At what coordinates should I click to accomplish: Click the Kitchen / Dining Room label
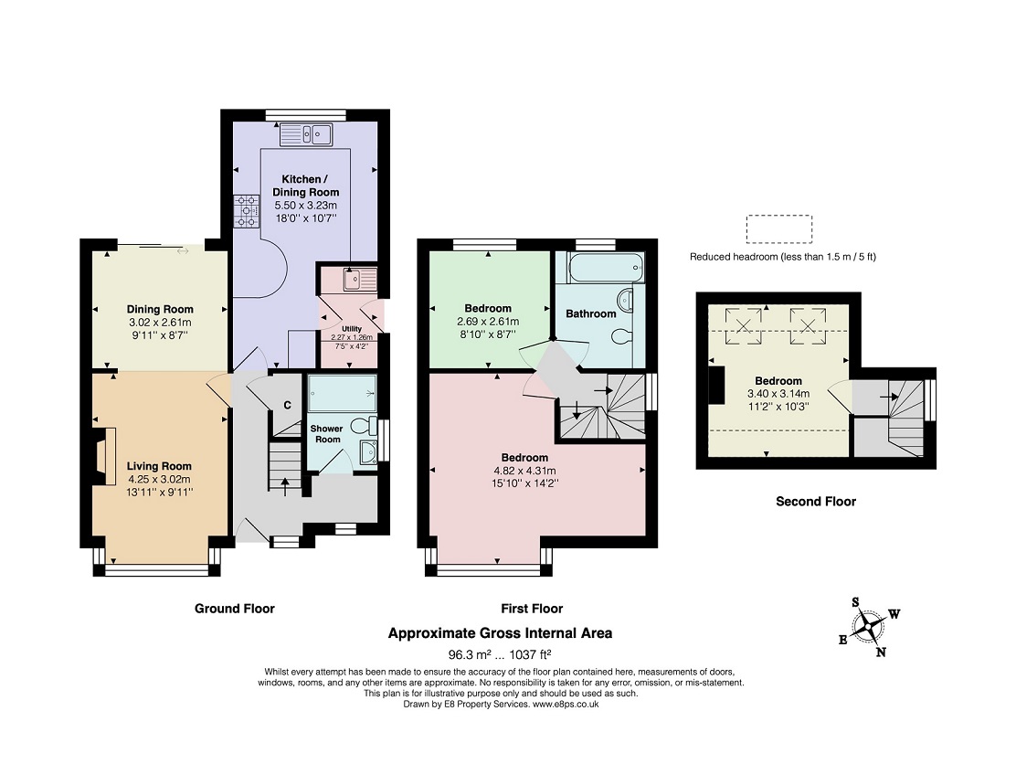[306, 186]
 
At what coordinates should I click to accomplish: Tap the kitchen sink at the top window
[306, 134]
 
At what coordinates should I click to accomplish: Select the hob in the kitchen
[246, 212]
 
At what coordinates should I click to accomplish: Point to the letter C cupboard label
[287, 406]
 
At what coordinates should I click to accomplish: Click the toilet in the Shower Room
[364, 426]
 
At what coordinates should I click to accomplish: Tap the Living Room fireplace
[102, 456]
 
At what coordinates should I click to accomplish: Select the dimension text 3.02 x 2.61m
[160, 322]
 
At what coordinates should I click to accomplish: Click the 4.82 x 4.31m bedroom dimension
[524, 471]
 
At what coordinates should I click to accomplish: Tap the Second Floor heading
[816, 502]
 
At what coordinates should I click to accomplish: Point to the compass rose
[869, 627]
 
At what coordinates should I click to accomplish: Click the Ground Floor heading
[235, 609]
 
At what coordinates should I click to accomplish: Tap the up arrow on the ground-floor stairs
[284, 486]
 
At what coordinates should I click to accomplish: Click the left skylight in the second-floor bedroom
[744, 325]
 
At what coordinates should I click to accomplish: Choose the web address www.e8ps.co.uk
[565, 704]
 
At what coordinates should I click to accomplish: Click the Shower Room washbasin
[366, 452]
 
